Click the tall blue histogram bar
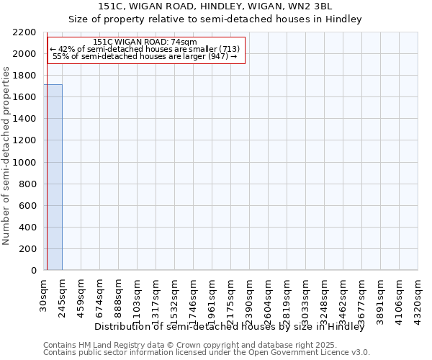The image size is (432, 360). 53,177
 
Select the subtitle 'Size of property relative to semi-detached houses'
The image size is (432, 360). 215,19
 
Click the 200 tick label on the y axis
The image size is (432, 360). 28,249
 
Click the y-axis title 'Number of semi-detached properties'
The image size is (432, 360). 7,156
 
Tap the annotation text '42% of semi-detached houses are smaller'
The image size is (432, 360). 147,49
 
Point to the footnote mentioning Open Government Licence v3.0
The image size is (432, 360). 206,353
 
